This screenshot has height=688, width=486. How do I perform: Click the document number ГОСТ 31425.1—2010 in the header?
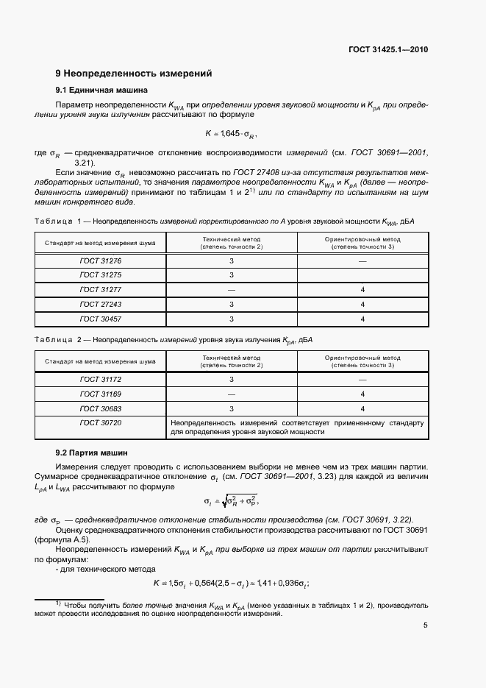click(388, 49)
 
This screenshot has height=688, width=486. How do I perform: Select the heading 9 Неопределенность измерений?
click(134, 74)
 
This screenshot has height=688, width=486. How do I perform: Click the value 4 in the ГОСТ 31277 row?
click(362, 290)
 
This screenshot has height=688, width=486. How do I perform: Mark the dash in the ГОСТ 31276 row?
click(362, 261)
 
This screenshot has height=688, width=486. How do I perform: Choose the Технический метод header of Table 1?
click(232, 243)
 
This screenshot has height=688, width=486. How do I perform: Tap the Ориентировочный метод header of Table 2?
click(362, 361)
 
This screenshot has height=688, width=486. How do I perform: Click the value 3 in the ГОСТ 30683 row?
click(232, 408)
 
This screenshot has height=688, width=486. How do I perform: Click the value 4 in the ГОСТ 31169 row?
click(362, 394)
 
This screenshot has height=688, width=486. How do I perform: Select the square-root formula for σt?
click(232, 501)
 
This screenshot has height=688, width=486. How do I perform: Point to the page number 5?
click(426, 625)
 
